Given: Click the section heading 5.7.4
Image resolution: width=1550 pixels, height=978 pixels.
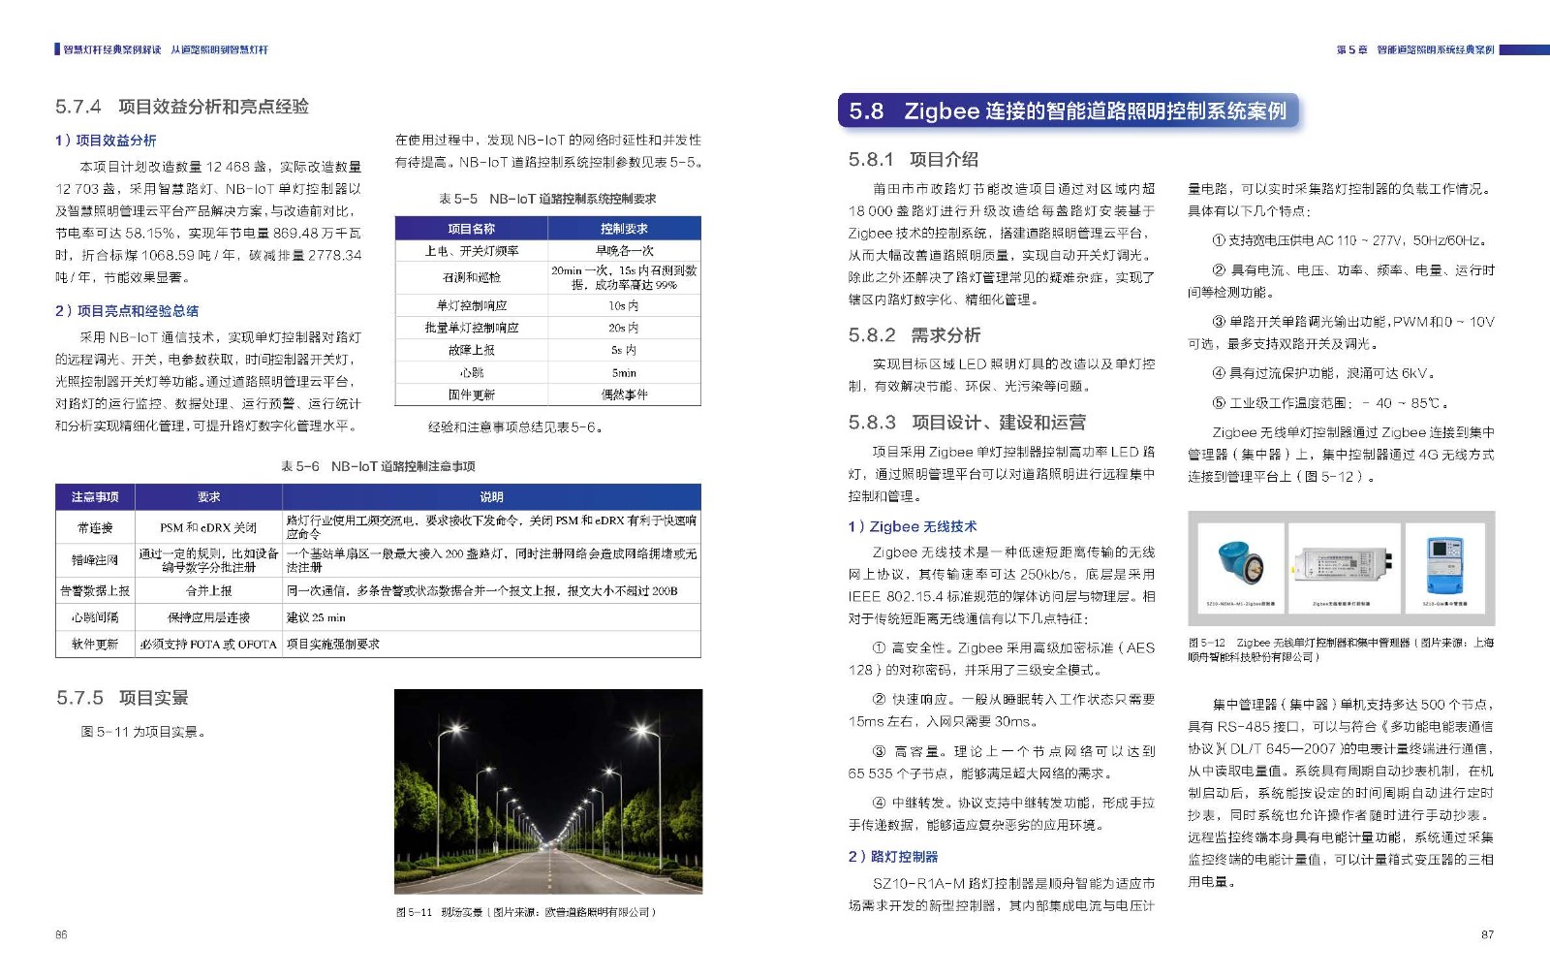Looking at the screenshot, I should click(x=182, y=107).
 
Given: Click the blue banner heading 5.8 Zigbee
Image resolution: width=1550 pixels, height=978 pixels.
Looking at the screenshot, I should click(x=1067, y=111).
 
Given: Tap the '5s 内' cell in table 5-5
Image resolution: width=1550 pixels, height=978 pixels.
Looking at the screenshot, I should click(x=624, y=350).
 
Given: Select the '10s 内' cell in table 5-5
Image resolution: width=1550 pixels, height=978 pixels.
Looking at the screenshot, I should click(x=624, y=305).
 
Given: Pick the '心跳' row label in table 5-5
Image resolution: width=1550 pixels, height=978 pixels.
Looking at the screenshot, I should click(x=472, y=372).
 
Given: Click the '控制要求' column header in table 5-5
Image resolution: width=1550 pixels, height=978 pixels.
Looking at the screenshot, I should click(x=624, y=229).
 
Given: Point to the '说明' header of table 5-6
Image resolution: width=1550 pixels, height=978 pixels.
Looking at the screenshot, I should click(x=491, y=496).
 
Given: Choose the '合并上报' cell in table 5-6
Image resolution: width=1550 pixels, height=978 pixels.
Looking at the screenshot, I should click(x=208, y=590).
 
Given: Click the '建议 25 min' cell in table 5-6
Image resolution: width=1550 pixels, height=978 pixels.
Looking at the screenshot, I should click(x=316, y=617).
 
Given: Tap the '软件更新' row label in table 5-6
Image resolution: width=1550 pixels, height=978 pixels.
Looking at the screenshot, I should click(x=95, y=644).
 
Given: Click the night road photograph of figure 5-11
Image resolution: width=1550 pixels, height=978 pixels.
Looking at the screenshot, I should click(x=547, y=791).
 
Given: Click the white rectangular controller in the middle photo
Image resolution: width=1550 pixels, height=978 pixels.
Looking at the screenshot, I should click(x=1342, y=562).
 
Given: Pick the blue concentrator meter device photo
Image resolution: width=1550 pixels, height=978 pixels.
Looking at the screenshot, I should click(x=1444, y=564).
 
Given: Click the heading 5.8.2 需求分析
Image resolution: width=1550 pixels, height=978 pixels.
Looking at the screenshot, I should click(x=914, y=335).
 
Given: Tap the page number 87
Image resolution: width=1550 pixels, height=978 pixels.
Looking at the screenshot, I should click(x=1487, y=934).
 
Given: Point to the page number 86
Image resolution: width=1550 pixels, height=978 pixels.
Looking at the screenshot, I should click(x=61, y=934).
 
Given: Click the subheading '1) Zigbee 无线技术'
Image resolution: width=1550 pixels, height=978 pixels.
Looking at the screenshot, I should click(x=913, y=526).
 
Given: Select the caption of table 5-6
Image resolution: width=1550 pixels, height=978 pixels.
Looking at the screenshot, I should click(x=378, y=466).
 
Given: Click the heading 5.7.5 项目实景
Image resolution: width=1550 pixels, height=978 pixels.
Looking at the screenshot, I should click(x=122, y=698).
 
